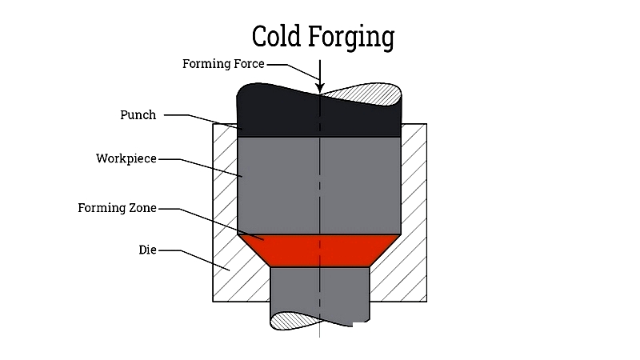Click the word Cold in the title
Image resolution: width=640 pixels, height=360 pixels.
pyautogui.click(x=276, y=36)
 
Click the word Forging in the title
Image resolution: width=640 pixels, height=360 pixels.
pyautogui.click(x=351, y=38)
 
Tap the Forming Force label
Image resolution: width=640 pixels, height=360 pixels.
pyautogui.click(x=223, y=64)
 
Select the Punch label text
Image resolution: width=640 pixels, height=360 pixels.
pyautogui.click(x=138, y=114)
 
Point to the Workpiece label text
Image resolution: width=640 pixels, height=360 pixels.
pyautogui.click(x=126, y=158)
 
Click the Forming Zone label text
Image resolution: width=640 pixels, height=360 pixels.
pyautogui.click(x=117, y=208)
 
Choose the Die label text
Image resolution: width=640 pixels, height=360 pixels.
pyautogui.click(x=147, y=250)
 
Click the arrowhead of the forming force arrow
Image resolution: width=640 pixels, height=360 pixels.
pyautogui.click(x=320, y=88)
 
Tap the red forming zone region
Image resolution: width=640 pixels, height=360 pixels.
pyautogui.click(x=319, y=250)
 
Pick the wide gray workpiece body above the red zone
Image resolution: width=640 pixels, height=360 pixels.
pyautogui.click(x=319, y=186)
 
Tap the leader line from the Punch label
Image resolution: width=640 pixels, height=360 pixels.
pyautogui.click(x=203, y=122)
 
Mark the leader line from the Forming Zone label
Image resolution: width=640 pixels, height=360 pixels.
pyautogui.click(x=211, y=224)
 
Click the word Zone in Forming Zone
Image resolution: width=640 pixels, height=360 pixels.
pyautogui.click(x=142, y=208)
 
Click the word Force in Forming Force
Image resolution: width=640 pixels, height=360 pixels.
pyautogui.click(x=249, y=64)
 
